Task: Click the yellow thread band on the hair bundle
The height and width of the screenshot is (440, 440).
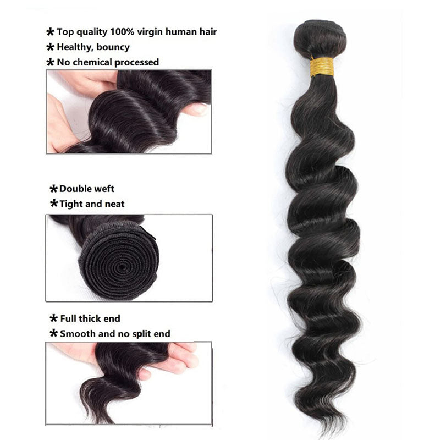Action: coord(322,67)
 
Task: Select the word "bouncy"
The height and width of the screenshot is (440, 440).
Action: coord(112,47)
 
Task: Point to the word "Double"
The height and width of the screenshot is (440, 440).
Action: coord(76,189)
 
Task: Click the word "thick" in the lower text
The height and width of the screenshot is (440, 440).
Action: coord(95,318)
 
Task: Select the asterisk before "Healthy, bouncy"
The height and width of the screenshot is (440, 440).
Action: coord(51,47)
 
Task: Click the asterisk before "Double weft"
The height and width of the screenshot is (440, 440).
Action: coord(54,189)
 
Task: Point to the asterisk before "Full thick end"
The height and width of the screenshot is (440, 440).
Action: coord(54,318)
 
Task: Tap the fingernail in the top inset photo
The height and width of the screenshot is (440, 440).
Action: coord(199,109)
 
